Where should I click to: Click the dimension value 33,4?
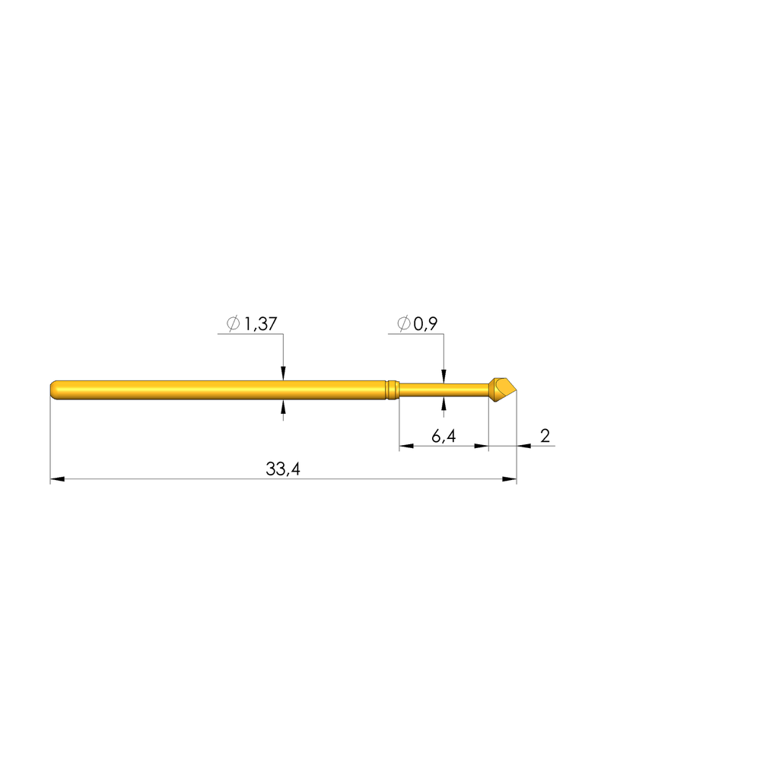pyautogui.click(x=283, y=469)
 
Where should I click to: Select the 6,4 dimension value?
pyautogui.click(x=444, y=436)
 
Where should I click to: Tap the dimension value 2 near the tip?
pyautogui.click(x=545, y=436)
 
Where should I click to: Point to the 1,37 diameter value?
pyautogui.click(x=261, y=324)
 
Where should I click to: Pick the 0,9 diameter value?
pyautogui.click(x=426, y=324)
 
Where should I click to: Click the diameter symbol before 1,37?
pyautogui.click(x=233, y=323)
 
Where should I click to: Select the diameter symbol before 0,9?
pyautogui.click(x=403, y=323)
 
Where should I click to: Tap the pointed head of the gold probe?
pyautogui.click(x=502, y=389)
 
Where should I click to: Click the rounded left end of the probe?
pyautogui.click(x=54, y=389)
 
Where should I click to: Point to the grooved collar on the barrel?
pyautogui.click(x=393, y=389)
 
